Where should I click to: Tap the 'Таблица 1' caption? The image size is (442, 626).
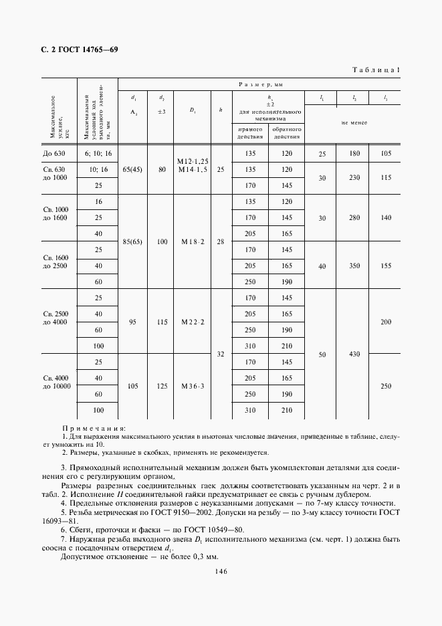point(375,70)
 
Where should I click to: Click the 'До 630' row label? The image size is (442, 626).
point(55,154)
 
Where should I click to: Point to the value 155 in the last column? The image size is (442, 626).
point(385,266)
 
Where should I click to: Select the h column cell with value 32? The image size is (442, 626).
point(221,354)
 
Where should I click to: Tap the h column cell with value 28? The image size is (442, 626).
point(221,241)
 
